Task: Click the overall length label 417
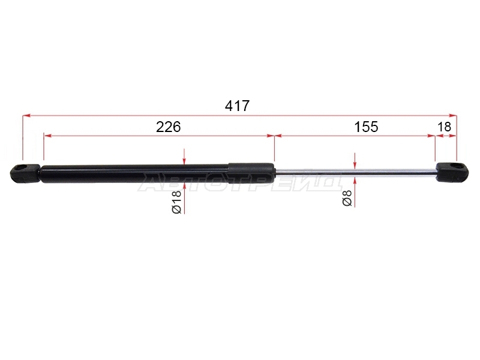click(x=237, y=106)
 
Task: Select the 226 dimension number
click(x=169, y=127)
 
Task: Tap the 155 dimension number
click(x=366, y=127)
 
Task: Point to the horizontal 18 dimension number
click(x=445, y=127)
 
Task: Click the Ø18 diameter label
click(x=177, y=202)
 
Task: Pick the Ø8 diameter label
click(x=347, y=199)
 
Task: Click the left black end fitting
click(x=25, y=173)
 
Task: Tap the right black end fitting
click(x=452, y=173)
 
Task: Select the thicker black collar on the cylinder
click(x=251, y=173)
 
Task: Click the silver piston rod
click(x=355, y=173)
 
